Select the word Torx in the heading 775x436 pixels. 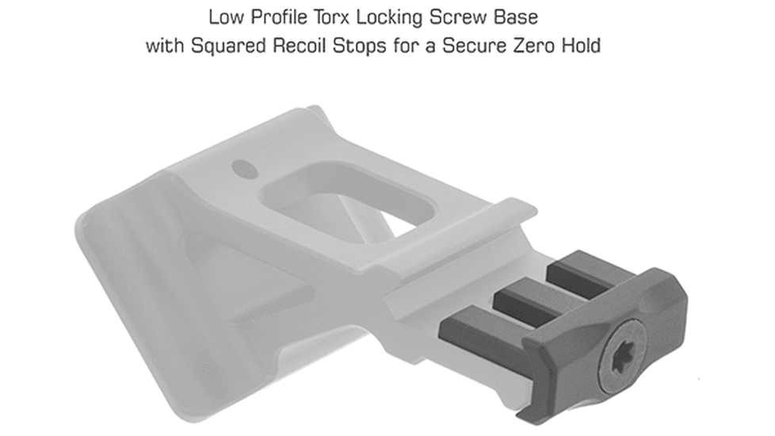pyautogui.click(x=332, y=17)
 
